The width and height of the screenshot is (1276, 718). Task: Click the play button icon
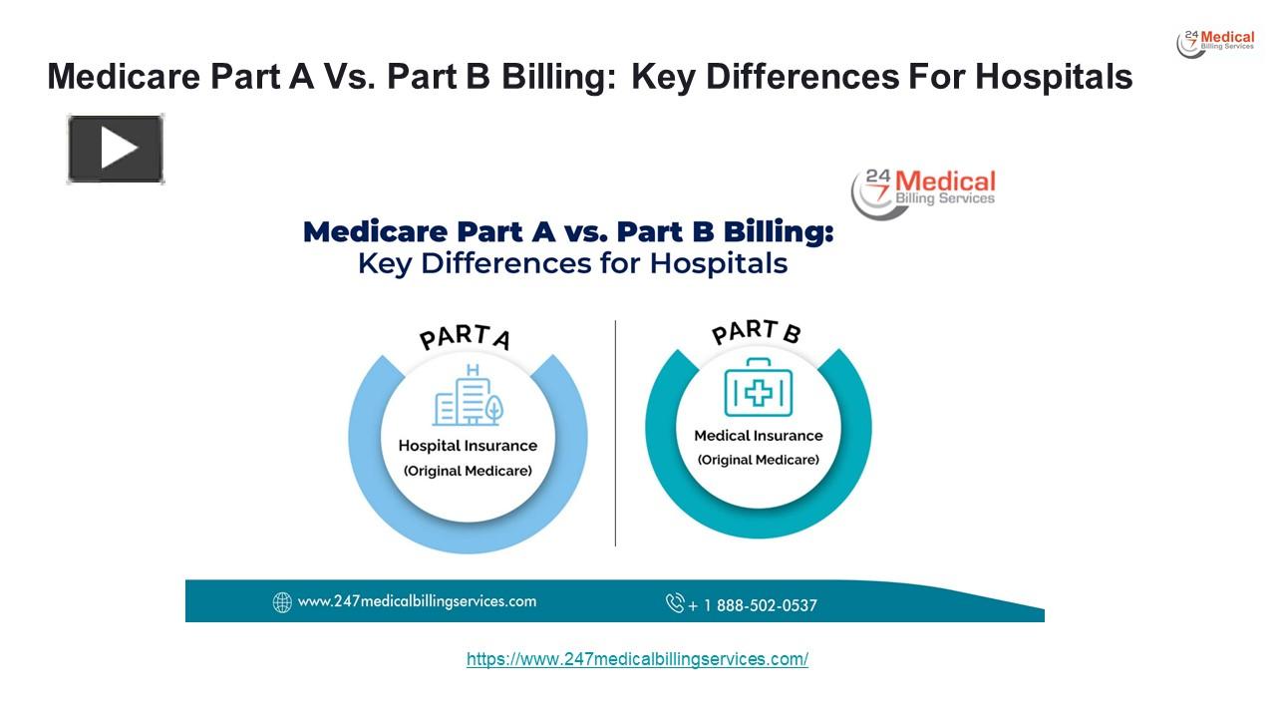[x=116, y=150]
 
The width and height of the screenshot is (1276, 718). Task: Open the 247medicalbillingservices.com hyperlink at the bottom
[x=637, y=659]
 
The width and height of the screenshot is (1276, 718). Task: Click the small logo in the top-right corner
[x=1215, y=43]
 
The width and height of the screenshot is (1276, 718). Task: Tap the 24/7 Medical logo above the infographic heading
[x=923, y=191]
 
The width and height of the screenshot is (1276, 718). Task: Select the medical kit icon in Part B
[x=759, y=387]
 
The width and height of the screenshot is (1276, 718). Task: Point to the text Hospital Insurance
[x=468, y=446]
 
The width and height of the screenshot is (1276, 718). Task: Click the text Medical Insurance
[x=759, y=436]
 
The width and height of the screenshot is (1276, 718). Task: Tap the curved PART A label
[x=465, y=337]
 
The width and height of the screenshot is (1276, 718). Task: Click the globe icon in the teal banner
[x=282, y=602]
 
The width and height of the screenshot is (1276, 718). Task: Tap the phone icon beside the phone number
[x=675, y=603]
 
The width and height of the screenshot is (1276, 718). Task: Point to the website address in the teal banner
[x=417, y=601]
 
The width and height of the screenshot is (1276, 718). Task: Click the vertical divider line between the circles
[x=615, y=433]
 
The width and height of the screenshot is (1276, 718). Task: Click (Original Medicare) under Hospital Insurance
[x=468, y=471]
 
